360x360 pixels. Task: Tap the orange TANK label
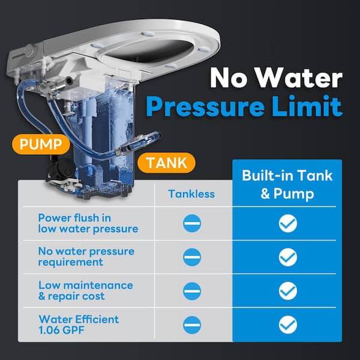(166, 162)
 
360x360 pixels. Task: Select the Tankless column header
(192, 193)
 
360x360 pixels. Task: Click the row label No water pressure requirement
(86, 257)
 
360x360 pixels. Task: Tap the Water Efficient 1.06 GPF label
(79, 324)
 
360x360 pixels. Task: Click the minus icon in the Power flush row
(192, 224)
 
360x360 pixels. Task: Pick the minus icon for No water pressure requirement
(192, 257)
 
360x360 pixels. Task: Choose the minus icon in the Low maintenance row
(192, 291)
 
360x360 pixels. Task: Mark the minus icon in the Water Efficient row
(192, 325)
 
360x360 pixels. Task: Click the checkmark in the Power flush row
(287, 224)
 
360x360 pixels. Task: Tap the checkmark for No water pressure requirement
(287, 257)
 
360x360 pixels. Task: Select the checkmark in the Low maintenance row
(287, 291)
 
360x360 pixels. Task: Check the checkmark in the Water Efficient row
(287, 325)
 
